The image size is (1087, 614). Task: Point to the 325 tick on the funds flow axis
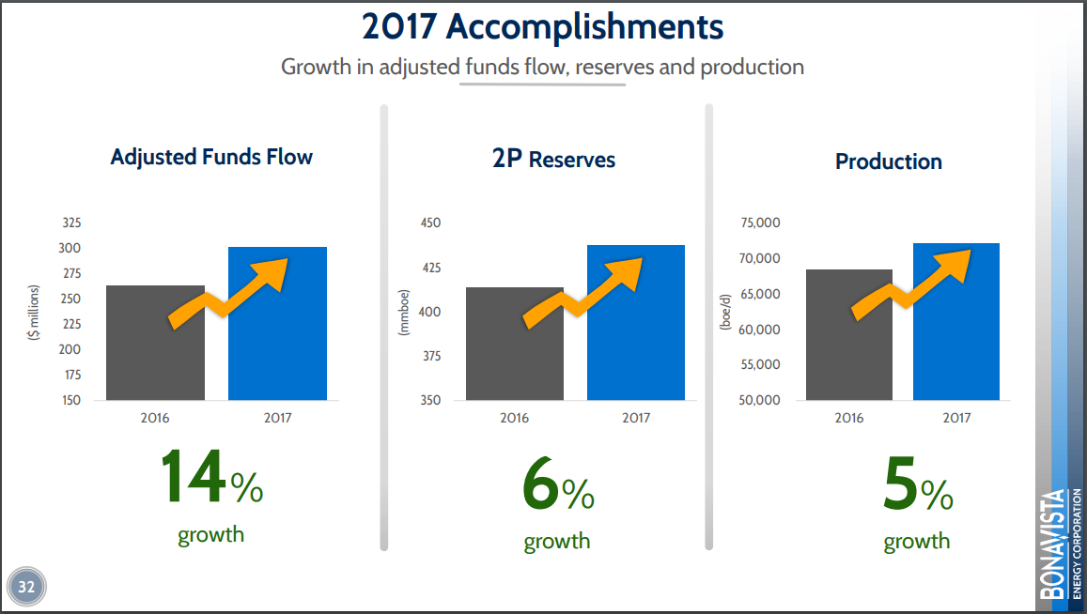pos(71,223)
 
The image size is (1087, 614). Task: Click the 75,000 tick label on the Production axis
pos(760,223)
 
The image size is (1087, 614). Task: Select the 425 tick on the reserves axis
pos(429,269)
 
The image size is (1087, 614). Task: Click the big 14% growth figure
pos(211,479)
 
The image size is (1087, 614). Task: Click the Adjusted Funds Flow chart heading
pos(211,157)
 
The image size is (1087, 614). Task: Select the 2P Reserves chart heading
pos(553,160)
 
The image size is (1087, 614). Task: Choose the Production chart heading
pos(888,161)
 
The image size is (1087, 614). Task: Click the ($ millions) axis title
pos(34,311)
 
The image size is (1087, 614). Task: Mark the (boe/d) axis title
pos(724,310)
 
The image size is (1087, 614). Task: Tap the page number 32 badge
pos(26,588)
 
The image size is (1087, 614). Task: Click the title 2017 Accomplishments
pos(543,27)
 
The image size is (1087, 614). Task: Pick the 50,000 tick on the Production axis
pos(760,401)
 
